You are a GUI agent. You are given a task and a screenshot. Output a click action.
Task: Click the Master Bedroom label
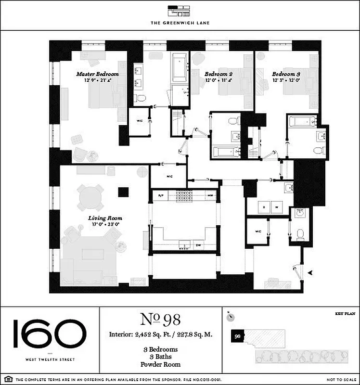coord(98,74)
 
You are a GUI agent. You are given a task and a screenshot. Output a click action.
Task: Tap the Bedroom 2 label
coord(219,74)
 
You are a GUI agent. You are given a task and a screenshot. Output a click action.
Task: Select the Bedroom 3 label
coord(286,74)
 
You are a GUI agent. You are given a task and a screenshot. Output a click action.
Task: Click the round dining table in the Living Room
coord(91,197)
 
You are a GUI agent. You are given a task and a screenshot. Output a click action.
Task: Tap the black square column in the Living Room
coord(124,192)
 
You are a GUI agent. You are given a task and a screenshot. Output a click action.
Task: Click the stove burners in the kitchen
coord(183,195)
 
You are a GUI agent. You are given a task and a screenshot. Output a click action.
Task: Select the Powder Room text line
coord(161,367)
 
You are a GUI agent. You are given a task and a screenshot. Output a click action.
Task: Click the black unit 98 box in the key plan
coord(237,336)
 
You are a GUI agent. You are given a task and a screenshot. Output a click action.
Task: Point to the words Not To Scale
coord(339,380)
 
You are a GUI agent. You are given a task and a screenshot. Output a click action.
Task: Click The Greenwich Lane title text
coord(180,22)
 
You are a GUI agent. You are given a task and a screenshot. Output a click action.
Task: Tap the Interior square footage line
coord(161,334)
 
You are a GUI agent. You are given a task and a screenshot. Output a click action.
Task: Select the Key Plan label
coord(344,314)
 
